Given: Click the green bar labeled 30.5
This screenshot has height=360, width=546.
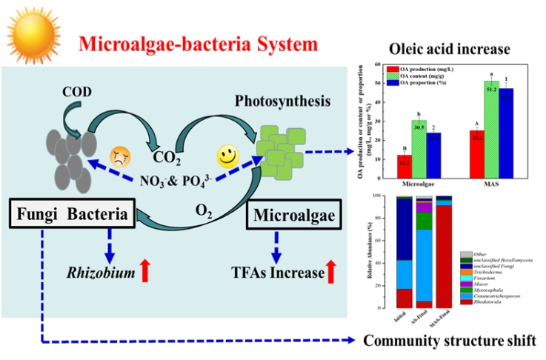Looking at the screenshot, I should pos(418,148).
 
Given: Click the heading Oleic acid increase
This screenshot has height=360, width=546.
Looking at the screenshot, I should pos(456,50).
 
